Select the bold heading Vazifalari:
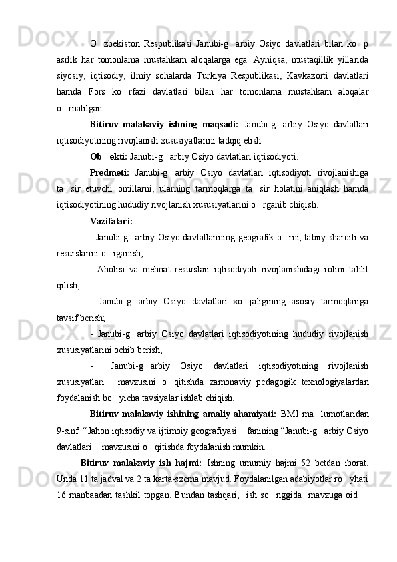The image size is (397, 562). point(111,221)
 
